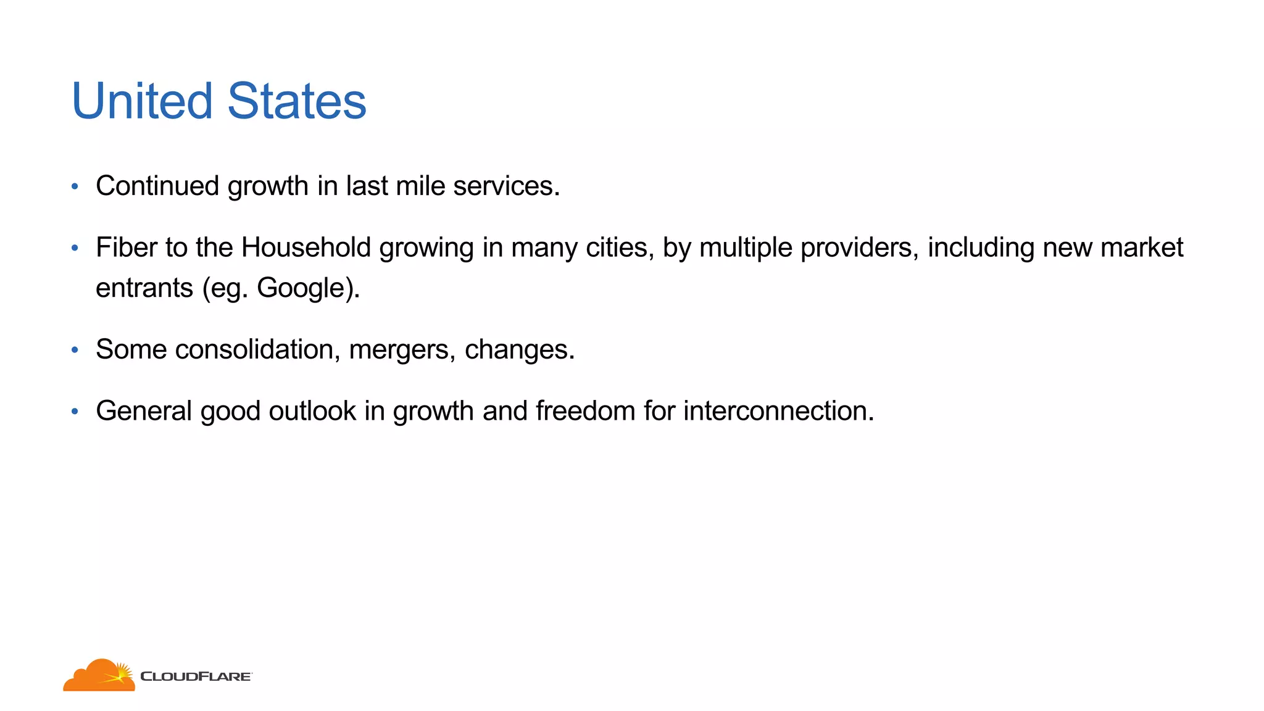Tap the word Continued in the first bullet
click(157, 186)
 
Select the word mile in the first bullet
click(420, 186)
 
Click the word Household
click(306, 247)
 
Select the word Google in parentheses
click(304, 288)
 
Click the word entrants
click(144, 288)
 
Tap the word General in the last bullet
click(144, 411)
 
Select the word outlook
click(312, 411)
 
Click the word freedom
click(585, 411)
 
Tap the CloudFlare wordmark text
click(196, 676)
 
